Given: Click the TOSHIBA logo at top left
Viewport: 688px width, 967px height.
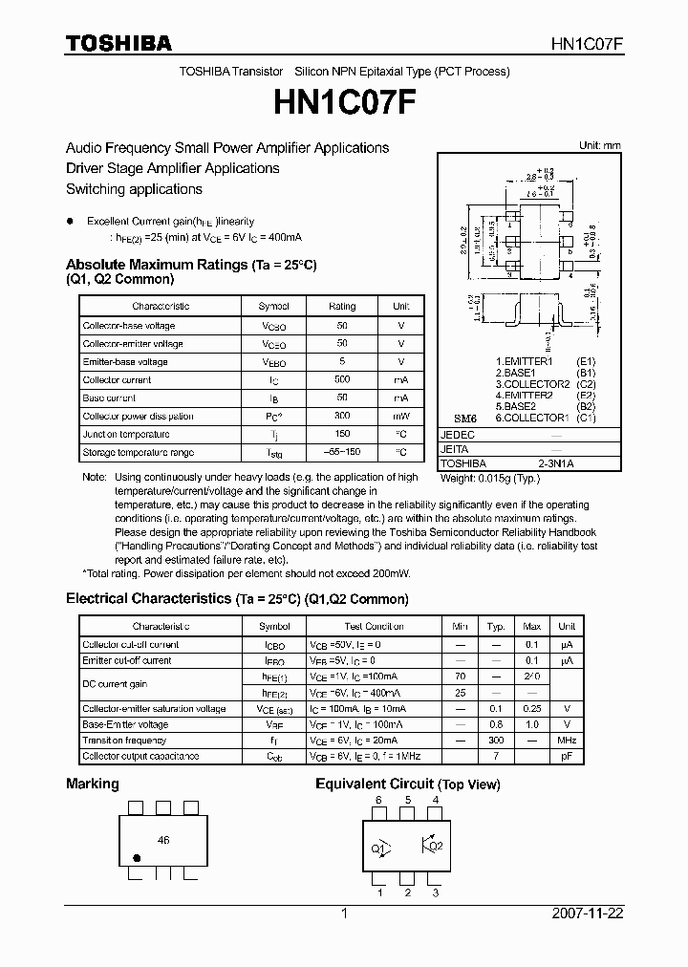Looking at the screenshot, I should point(118,43).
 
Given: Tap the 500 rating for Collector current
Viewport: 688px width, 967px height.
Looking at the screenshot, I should point(341,379).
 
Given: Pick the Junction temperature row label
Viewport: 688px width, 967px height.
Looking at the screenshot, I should point(126,434).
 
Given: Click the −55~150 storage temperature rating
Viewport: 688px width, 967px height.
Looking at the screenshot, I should point(341,452).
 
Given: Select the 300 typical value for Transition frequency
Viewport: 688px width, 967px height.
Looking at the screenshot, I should point(496,741).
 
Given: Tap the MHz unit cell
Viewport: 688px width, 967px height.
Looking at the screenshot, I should point(566,741).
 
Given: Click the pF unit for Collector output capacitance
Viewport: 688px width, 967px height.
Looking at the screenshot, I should point(566,757).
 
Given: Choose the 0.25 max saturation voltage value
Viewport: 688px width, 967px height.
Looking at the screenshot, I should point(531,709).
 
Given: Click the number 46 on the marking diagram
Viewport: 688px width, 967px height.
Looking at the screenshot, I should point(163,840).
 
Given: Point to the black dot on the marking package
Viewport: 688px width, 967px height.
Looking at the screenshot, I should point(136,857).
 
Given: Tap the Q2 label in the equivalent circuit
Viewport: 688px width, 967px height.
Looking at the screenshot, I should point(436,846).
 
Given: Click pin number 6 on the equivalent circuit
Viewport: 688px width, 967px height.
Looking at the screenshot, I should point(378,800).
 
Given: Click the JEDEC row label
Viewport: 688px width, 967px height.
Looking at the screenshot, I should point(458,434).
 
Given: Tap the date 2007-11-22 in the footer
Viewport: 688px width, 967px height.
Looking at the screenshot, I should point(588,913).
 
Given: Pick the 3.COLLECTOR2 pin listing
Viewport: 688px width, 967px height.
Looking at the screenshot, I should point(532,384).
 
